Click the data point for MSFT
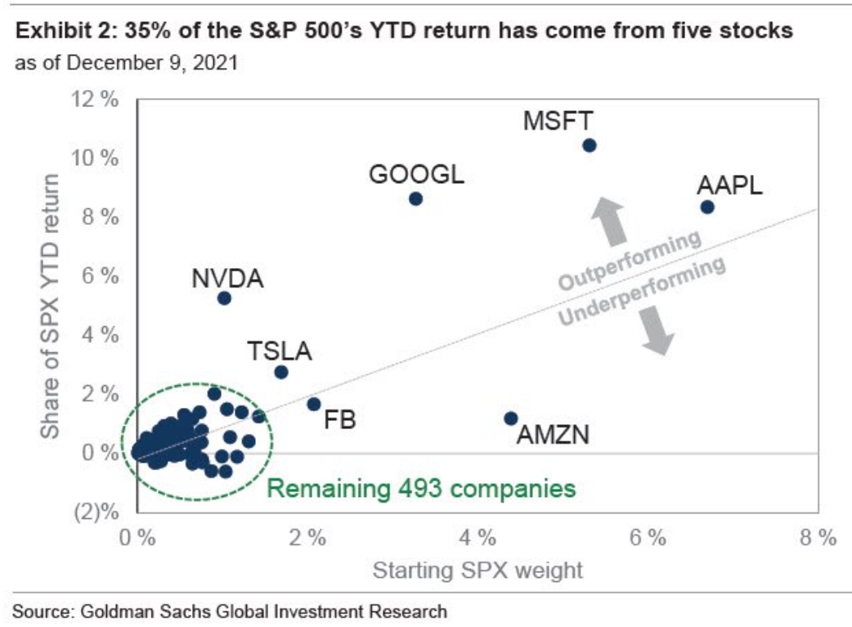(589, 146)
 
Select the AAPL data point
(707, 207)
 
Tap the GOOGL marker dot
(415, 199)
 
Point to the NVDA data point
(224, 298)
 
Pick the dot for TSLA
(281, 372)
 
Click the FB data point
(313, 404)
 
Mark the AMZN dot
(511, 418)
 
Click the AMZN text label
(554, 434)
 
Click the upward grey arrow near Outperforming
(609, 220)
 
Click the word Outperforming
(630, 260)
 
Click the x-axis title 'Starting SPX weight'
(478, 570)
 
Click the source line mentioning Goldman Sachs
(230, 611)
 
